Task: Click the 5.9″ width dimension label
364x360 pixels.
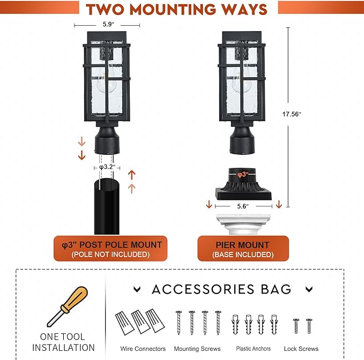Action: tap(108, 24)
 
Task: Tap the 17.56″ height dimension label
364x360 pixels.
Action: tap(292, 114)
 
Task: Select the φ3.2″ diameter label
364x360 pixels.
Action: tap(107, 167)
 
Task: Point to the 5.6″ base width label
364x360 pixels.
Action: tap(243, 206)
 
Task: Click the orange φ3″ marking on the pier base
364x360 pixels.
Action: tap(243, 175)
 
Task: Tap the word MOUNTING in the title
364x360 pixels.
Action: tap(174, 10)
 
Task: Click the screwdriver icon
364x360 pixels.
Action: tap(68, 306)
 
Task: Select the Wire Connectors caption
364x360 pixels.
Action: tap(143, 349)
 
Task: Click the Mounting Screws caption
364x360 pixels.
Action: tap(197, 349)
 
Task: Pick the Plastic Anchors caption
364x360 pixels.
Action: tap(253, 348)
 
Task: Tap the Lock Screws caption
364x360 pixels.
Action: tap(301, 349)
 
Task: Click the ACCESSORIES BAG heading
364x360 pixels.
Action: tap(221, 289)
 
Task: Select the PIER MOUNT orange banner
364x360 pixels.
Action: tap(243, 249)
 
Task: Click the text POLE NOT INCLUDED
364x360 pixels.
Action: tap(110, 254)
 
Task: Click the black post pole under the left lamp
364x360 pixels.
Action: tap(107, 206)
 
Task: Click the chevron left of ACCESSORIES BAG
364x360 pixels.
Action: tap(137, 289)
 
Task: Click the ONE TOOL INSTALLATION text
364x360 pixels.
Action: tap(63, 342)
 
